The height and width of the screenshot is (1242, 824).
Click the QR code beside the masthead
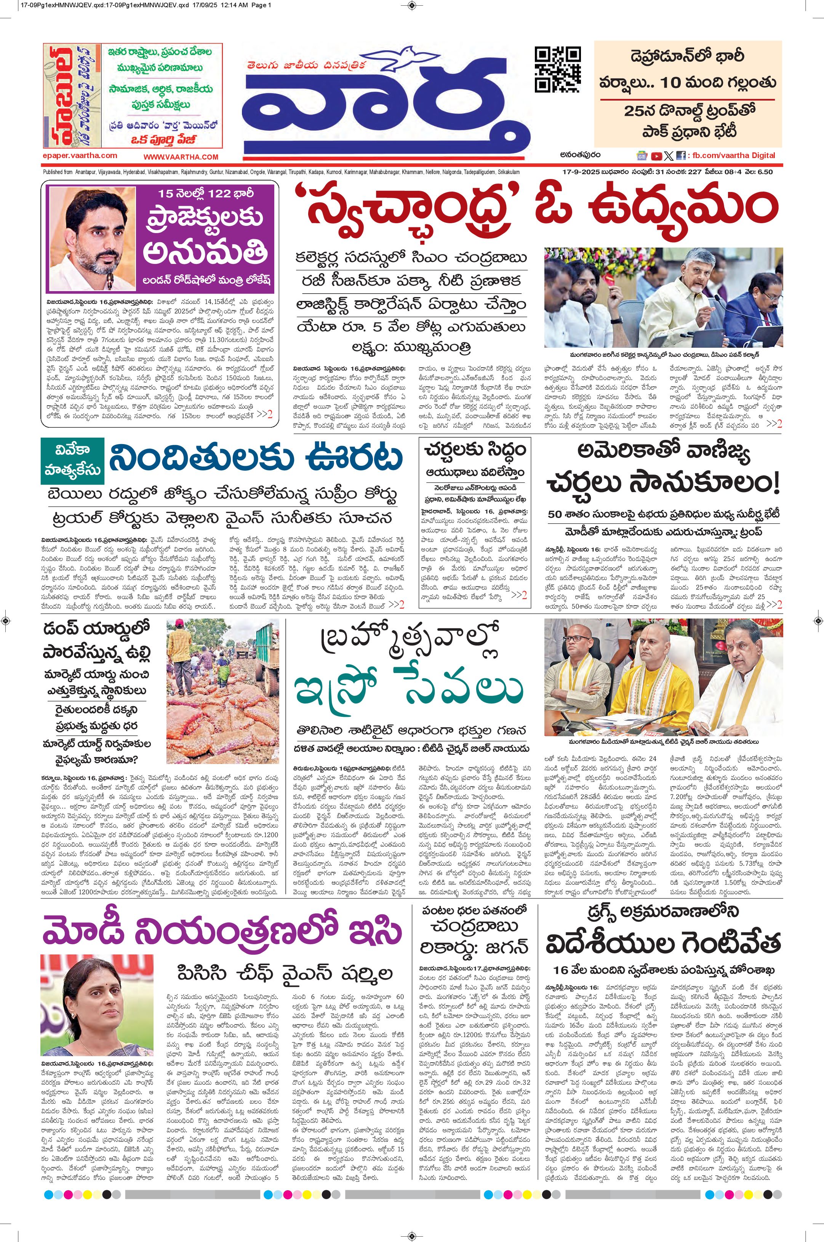coord(558,69)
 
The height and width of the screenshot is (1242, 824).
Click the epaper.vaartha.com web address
coord(80,155)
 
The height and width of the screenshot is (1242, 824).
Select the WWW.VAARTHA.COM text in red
coord(181,157)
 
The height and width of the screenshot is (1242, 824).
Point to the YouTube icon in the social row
coord(656,155)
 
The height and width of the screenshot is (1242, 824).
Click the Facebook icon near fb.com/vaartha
coord(680,155)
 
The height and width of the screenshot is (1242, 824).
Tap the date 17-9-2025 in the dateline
coord(575,172)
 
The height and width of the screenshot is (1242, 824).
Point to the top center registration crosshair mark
coord(412,6)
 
